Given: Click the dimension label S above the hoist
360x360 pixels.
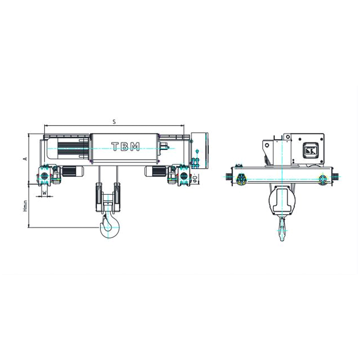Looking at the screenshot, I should pyautogui.click(x=114, y=121).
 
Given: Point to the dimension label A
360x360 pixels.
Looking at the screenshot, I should pyautogui.click(x=26, y=158).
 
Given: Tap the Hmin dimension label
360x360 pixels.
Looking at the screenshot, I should pyautogui.click(x=26, y=206).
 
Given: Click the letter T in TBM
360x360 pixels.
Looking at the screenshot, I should pyautogui.click(x=115, y=146).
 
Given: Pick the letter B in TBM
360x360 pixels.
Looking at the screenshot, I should pyautogui.click(x=125, y=146).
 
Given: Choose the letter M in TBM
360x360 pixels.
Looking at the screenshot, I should pyautogui.click(x=135, y=146).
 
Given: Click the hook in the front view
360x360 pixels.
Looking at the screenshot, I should pyautogui.click(x=109, y=225).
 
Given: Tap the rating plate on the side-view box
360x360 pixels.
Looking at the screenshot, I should pyautogui.click(x=310, y=150).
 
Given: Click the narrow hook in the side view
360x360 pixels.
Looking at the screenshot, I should pyautogui.click(x=282, y=228).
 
